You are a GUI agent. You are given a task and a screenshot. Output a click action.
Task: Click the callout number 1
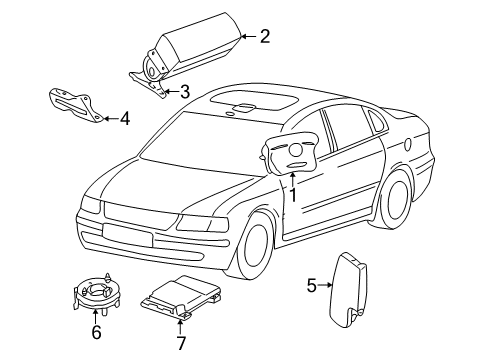[x=293, y=195]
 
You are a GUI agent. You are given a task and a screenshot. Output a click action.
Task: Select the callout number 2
[x=265, y=36]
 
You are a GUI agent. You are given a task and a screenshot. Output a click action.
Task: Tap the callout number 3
[x=185, y=92]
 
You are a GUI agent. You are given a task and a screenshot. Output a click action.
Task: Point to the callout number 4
[x=125, y=118]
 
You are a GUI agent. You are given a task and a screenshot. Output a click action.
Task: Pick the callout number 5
[x=311, y=285]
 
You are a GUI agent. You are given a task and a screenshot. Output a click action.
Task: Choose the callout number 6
[x=96, y=332]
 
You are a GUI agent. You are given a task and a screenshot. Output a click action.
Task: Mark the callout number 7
[x=181, y=343]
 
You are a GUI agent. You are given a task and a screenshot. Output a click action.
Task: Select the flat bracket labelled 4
[x=76, y=105]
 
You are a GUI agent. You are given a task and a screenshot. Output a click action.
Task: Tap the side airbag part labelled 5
[x=347, y=290]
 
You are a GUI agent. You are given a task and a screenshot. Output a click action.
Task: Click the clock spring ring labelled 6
[x=96, y=293]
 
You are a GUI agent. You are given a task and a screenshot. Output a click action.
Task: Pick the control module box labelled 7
[x=182, y=296]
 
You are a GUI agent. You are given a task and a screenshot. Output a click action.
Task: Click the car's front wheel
[x=256, y=246]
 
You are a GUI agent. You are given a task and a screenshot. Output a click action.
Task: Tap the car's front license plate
[x=127, y=234]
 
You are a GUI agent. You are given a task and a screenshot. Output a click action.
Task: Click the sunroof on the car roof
[x=254, y=100]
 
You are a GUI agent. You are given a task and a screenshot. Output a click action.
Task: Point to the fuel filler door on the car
[x=407, y=144]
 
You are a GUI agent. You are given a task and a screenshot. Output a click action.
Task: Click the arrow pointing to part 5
[x=325, y=285]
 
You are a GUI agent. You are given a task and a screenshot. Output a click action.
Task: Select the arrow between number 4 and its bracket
[x=111, y=118]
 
